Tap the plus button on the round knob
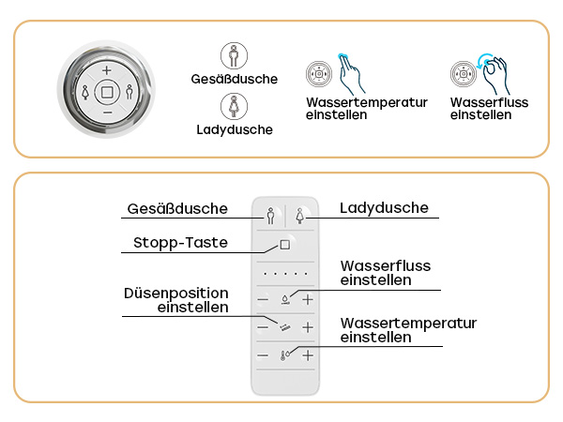(107, 70)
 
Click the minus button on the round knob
(107, 113)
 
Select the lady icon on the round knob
(85, 92)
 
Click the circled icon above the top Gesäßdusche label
(234, 55)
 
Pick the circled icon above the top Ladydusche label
(234, 106)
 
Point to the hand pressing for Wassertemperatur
(350, 74)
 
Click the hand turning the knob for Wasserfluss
(496, 76)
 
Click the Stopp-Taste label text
(180, 243)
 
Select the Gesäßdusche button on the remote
(271, 216)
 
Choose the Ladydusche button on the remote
(299, 216)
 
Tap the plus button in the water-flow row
(308, 299)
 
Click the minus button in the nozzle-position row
(263, 327)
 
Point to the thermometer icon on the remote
(284, 355)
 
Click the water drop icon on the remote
(285, 299)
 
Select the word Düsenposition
(176, 294)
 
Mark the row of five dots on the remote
(285, 274)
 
